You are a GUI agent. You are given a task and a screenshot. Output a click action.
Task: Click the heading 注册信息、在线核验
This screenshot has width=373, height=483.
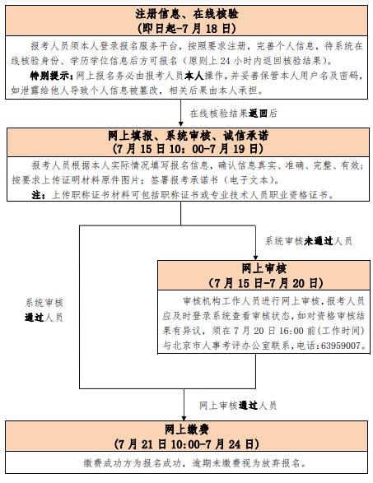click(x=187, y=14)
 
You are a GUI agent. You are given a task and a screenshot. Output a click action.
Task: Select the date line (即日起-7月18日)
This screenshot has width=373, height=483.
click(x=187, y=28)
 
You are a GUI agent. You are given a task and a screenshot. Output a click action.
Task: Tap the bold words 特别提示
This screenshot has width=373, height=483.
click(x=51, y=76)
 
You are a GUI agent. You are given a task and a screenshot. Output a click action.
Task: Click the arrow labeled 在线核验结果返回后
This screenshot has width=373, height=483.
click(x=181, y=113)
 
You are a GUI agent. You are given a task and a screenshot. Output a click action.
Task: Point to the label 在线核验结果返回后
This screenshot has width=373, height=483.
click(x=234, y=114)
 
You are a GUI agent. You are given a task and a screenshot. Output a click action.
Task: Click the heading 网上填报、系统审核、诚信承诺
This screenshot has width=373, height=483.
click(x=188, y=136)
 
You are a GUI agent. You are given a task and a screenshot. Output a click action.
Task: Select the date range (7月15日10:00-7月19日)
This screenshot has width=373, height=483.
click(x=188, y=149)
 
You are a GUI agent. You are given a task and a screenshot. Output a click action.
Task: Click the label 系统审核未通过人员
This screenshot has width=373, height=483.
click(x=309, y=241)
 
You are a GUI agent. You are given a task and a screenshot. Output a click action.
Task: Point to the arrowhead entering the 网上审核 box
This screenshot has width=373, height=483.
click(x=255, y=258)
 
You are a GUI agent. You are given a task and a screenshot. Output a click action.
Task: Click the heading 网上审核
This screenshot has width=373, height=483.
click(x=263, y=268)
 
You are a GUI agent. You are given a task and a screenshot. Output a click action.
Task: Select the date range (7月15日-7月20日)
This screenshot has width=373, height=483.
click(x=266, y=283)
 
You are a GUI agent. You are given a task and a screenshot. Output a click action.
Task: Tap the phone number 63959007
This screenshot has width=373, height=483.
click(x=341, y=346)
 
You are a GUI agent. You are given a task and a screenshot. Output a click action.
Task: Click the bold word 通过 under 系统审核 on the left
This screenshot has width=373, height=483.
click(x=35, y=318)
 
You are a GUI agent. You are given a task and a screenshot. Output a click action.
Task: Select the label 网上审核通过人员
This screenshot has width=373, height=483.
click(x=238, y=406)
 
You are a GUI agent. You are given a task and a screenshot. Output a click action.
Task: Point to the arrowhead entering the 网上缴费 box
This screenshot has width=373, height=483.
click(x=184, y=418)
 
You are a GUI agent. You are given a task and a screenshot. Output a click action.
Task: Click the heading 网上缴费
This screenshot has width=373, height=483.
click(x=187, y=429)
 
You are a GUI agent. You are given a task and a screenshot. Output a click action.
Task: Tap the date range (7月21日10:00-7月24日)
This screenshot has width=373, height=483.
click(x=187, y=444)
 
